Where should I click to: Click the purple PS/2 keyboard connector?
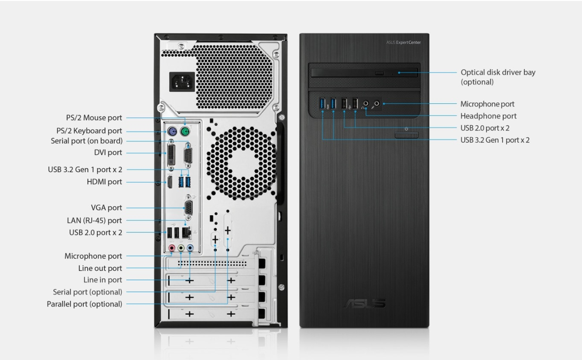coord(172,131)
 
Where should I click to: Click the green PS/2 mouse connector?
coord(184,131)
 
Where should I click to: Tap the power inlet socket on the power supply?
coord(182,81)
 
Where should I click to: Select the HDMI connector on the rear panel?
coord(170,182)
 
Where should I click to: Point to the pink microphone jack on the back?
coord(171,248)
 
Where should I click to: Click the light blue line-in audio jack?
coord(190,248)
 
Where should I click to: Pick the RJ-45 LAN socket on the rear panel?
coord(186,233)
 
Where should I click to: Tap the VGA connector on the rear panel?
coord(189,208)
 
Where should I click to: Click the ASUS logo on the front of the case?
coord(364,303)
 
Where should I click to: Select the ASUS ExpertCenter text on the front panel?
coord(403,42)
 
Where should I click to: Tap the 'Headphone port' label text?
coord(489,116)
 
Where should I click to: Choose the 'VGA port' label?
coord(106,208)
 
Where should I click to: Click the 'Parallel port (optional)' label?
coord(84,304)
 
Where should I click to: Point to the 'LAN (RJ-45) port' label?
coord(94,220)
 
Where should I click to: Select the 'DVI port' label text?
coord(108,152)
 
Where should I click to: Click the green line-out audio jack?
coord(181,248)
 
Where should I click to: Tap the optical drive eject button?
coord(379,73)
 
